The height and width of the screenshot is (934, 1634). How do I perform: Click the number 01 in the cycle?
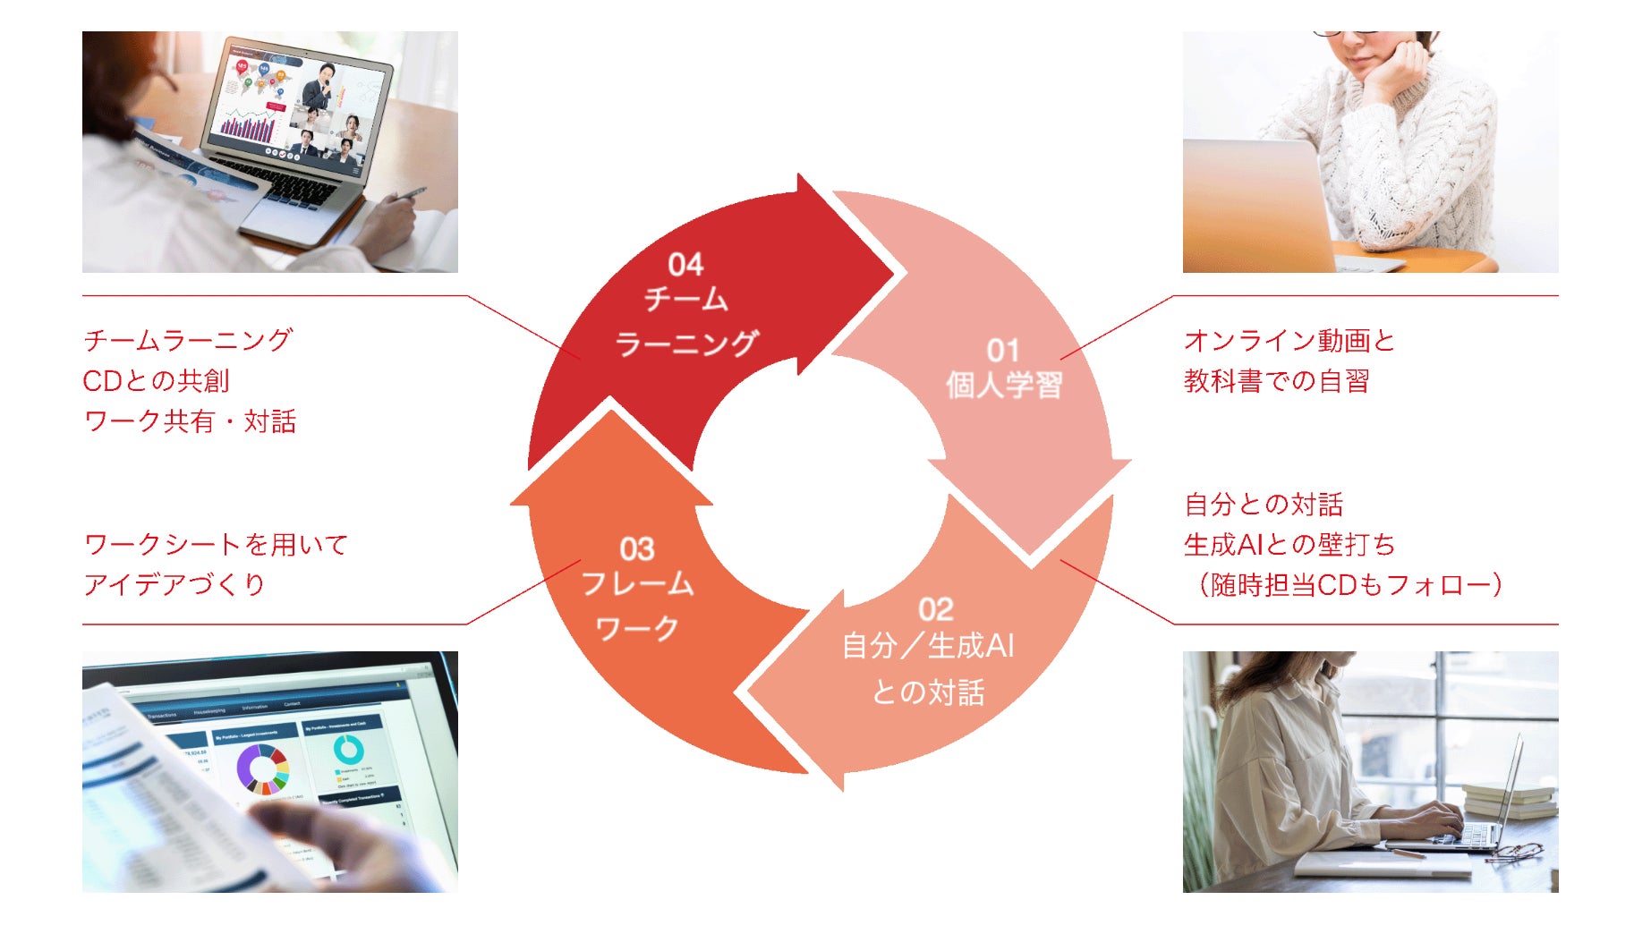point(1003,350)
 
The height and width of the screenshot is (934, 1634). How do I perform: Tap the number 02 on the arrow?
point(935,609)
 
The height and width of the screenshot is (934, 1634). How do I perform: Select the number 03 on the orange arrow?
point(636,548)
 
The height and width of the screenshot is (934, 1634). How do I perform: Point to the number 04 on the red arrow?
point(685,264)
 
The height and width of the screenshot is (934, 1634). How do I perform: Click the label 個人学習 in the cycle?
point(1004,386)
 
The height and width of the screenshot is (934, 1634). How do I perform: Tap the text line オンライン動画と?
point(1289,341)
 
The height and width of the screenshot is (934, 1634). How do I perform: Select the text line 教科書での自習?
point(1276,381)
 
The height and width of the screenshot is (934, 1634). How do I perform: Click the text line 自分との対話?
point(1264,505)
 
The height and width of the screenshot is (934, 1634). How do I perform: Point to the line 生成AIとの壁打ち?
point(1289,545)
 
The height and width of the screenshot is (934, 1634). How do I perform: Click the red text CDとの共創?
point(157,381)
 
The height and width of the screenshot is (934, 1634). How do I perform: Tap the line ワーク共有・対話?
point(190,421)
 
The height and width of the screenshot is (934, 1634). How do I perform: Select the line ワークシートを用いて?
point(216,545)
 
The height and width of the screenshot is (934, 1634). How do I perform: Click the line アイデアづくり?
point(174,585)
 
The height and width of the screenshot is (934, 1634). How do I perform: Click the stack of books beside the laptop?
point(1511,799)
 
